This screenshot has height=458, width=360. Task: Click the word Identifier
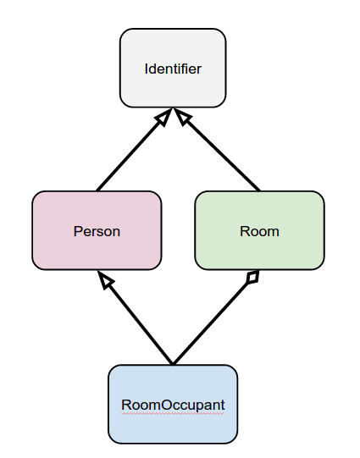point(173,69)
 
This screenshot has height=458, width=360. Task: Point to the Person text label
point(97,231)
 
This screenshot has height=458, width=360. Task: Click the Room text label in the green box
point(259,231)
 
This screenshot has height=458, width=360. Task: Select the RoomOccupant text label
point(173,405)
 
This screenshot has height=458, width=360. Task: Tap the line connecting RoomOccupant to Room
point(212,322)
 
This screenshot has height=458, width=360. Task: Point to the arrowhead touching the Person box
point(105,280)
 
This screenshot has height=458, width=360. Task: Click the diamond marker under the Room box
point(250,278)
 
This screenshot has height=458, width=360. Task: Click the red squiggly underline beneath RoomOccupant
point(173,412)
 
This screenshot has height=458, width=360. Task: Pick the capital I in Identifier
point(147,69)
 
